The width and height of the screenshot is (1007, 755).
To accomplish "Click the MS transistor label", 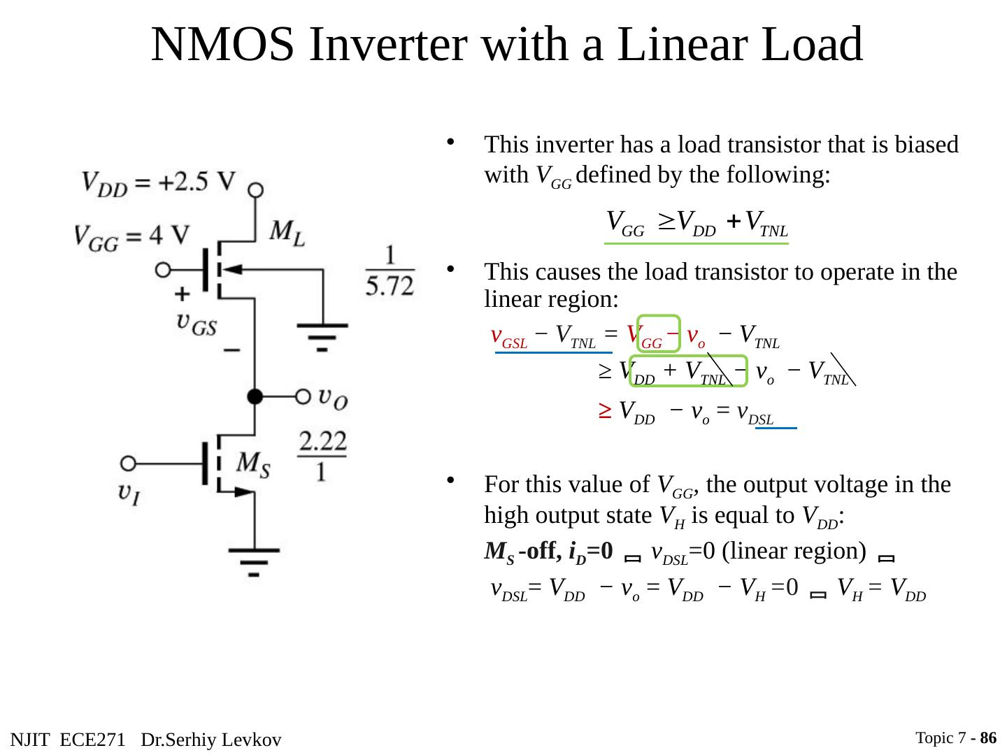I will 252,463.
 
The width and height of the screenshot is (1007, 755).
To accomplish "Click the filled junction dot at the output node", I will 255,396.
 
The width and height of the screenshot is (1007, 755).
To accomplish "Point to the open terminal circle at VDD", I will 256,189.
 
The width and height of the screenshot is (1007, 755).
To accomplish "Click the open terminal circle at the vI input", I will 128,463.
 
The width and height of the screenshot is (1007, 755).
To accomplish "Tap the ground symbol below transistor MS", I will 254,560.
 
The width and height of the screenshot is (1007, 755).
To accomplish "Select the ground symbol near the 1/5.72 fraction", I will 322,333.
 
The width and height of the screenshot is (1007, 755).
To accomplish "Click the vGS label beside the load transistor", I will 197,322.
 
